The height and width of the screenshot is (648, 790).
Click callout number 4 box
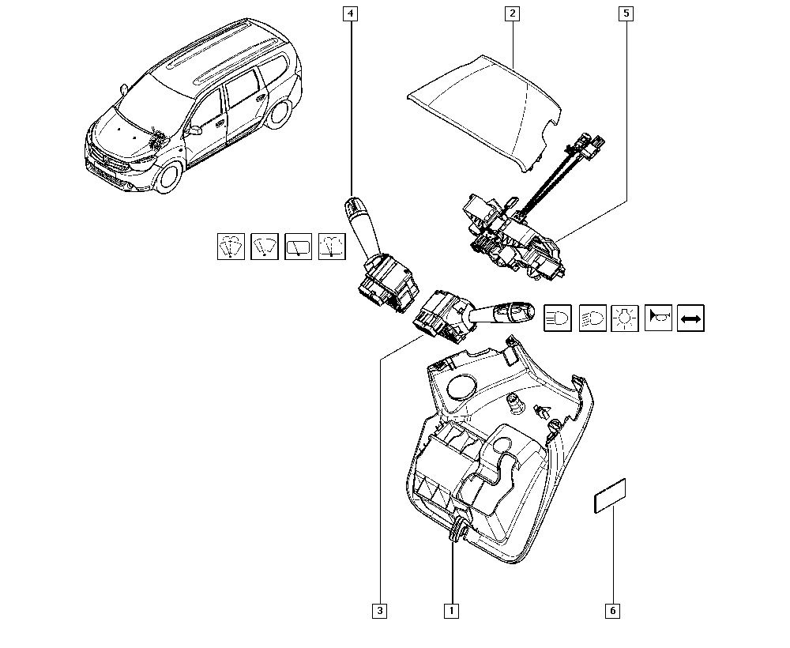pyautogui.click(x=350, y=13)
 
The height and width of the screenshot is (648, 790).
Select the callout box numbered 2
pyautogui.click(x=513, y=13)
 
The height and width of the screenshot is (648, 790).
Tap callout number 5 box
pyautogui.click(x=626, y=13)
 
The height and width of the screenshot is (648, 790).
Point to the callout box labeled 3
pyautogui.click(x=380, y=611)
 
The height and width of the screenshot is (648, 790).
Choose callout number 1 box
pyautogui.click(x=451, y=611)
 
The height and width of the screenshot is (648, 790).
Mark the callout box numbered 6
pyautogui.click(x=613, y=611)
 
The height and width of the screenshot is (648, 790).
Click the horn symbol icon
pyautogui.click(x=659, y=318)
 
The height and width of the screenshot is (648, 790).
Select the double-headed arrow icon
pyautogui.click(x=690, y=318)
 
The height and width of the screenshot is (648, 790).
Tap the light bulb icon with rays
pyautogui.click(x=625, y=318)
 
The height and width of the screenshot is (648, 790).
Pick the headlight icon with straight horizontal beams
pyautogui.click(x=558, y=318)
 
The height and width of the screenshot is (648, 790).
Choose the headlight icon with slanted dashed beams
pyautogui.click(x=592, y=318)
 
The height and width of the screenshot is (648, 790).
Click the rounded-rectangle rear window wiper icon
pyautogui.click(x=299, y=247)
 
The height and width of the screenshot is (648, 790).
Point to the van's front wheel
pyautogui.click(x=169, y=176)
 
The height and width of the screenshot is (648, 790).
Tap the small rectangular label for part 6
pyautogui.click(x=610, y=495)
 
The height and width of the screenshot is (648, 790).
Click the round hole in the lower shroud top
pyautogui.click(x=460, y=386)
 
